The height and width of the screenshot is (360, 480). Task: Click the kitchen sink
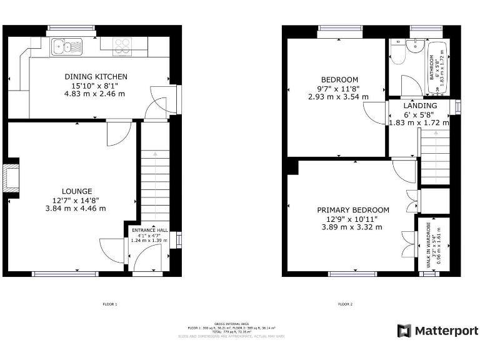pyautogui.click(x=67, y=45)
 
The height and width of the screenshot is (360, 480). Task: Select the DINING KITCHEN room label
pyautogui.click(x=96, y=77)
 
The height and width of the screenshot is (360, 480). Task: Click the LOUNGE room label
pyautogui.click(x=77, y=191)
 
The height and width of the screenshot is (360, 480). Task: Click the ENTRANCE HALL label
pyautogui.click(x=149, y=229)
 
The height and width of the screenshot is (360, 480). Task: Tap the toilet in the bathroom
pyautogui.click(x=396, y=56)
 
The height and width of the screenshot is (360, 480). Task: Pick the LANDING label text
pyautogui.click(x=421, y=106)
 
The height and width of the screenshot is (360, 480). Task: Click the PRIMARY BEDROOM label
pyautogui.click(x=352, y=210)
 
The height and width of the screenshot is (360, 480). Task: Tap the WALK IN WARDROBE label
pyautogui.click(x=429, y=246)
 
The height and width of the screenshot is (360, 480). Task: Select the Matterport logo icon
pyautogui.click(x=404, y=331)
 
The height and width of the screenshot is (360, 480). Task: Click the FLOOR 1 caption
pyautogui.click(x=110, y=304)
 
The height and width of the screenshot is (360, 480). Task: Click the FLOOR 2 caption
pyautogui.click(x=346, y=304)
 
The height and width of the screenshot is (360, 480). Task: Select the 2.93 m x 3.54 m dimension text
pyautogui.click(x=338, y=97)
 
